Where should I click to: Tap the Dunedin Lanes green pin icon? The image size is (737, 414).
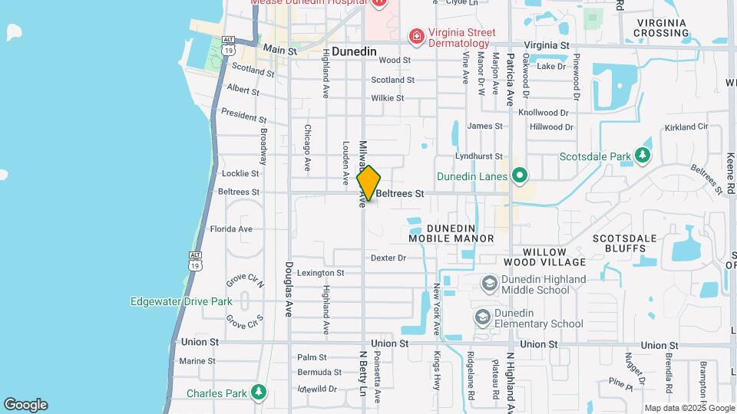click(519, 176)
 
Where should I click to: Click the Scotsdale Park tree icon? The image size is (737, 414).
click(643, 156)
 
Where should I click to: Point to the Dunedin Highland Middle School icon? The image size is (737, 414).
click(488, 284)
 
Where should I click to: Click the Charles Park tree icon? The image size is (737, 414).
click(259, 393)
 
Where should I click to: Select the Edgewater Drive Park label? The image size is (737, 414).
click(181, 301)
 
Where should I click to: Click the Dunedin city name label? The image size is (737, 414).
click(354, 51)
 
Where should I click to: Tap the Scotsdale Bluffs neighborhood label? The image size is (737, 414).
click(625, 244)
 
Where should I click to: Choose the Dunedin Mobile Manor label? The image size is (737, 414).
click(451, 233)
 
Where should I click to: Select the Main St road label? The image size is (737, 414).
click(279, 50)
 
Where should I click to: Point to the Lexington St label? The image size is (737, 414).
click(321, 273)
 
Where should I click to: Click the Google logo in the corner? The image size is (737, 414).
click(25, 404)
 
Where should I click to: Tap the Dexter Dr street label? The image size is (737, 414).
click(388, 258)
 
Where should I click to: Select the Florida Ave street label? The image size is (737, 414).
click(231, 228)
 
